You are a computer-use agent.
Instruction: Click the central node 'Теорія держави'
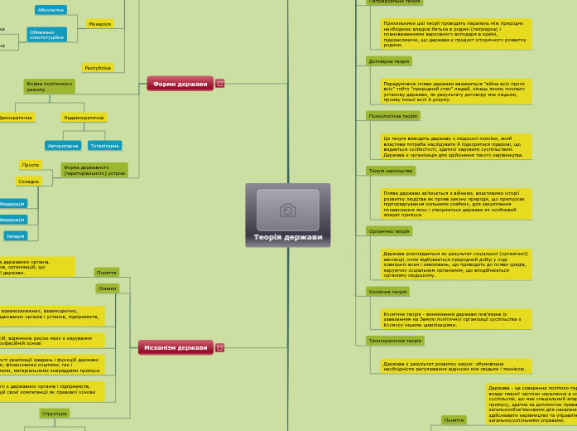pyautogui.click(x=287, y=236)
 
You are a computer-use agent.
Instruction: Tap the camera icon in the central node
pyautogui.click(x=287, y=210)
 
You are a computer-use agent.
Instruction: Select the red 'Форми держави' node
pyautogui.click(x=180, y=84)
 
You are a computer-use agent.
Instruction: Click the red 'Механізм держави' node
pyautogui.click(x=176, y=347)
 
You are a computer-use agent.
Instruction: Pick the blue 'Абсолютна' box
pyautogui.click(x=50, y=10)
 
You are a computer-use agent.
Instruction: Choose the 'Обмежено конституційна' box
pyautogui.click(x=47, y=35)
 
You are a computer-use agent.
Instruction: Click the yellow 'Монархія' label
pyautogui.click(x=99, y=24)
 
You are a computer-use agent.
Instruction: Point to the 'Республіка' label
pyautogui.click(x=98, y=68)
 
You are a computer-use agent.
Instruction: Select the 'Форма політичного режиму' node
pyautogui.click(x=49, y=86)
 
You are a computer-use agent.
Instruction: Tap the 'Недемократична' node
pyautogui.click(x=84, y=118)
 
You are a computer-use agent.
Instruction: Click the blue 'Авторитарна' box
pyautogui.click(x=63, y=146)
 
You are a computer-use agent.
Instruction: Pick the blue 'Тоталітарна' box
pyautogui.click(x=105, y=146)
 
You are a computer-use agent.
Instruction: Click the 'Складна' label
pyautogui.click(x=29, y=181)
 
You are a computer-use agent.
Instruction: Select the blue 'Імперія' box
pyautogui.click(x=16, y=236)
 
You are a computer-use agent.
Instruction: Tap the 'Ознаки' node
pyautogui.click(x=107, y=288)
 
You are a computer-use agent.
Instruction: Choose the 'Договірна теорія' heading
pyautogui.click(x=388, y=61)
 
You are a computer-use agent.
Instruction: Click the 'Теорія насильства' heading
pyautogui.click(x=390, y=171)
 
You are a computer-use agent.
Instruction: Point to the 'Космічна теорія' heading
pyautogui.click(x=387, y=292)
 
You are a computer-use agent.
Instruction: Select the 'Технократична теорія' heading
pyautogui.click(x=395, y=341)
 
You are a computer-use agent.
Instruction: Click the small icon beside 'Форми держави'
pyautogui.click(x=220, y=84)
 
